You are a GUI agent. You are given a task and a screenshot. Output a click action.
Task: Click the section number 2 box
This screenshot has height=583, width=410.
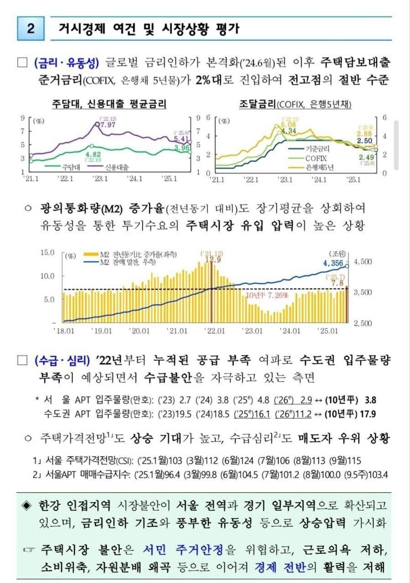pos(31,29)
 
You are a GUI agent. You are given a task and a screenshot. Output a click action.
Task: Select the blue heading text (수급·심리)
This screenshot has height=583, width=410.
pos(62,361)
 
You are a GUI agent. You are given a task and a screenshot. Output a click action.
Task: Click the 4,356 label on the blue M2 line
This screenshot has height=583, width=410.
pos(333,263)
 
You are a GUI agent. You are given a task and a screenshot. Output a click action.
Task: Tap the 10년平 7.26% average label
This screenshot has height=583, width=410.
pos(267,295)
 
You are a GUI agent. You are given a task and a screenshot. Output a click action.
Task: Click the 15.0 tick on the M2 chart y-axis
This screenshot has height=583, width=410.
pos(48,252)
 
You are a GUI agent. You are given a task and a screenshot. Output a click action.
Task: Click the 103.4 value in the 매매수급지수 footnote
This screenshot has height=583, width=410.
pos(378,475)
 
